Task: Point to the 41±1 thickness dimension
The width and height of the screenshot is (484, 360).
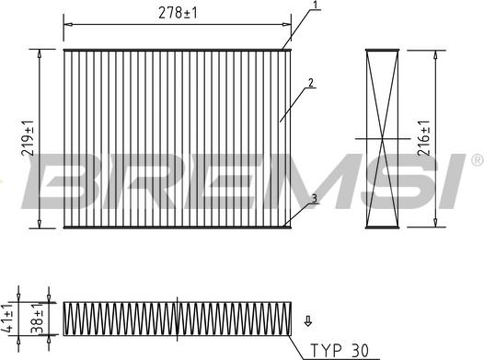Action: [x=10, y=316]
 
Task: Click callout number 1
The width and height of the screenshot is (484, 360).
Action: [x=316, y=6]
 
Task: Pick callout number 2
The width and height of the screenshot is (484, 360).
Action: [x=312, y=83]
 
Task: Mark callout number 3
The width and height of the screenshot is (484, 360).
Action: [x=314, y=198]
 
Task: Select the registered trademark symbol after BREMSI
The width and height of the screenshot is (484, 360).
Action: [x=476, y=160]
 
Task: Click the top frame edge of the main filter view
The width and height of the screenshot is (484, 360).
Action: [x=177, y=49]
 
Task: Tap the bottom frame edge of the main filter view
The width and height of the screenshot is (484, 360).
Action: [x=177, y=226]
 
